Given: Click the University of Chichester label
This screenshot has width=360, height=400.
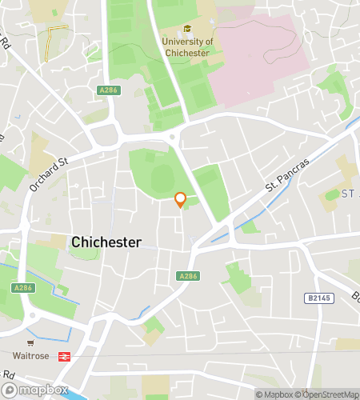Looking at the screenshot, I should pos(186,47).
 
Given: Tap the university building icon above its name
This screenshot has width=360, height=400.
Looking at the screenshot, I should pos(186,30).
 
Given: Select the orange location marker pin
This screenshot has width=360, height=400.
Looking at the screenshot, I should pos(181,199).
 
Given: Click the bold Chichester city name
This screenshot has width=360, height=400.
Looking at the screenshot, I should pos(106,242).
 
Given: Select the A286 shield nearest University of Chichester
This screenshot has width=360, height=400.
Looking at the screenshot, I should pos(108,90).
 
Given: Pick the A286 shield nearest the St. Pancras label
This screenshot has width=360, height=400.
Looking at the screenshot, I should pos(187,276).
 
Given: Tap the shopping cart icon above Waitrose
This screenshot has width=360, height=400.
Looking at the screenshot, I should pos(30,342).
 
